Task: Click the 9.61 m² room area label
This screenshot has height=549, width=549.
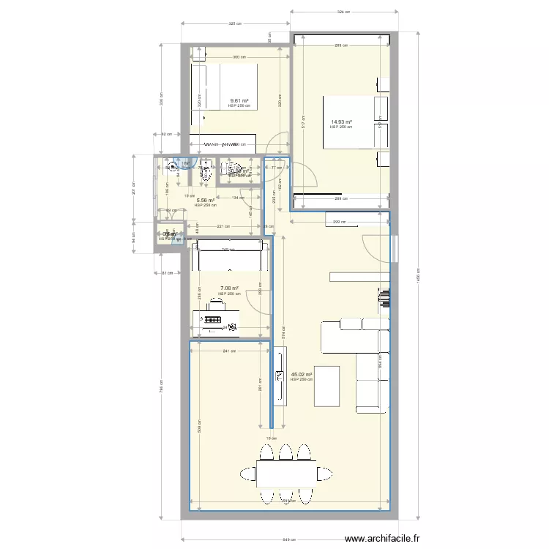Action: [x=239, y=101]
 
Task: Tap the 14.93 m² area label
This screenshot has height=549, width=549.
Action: [x=341, y=122]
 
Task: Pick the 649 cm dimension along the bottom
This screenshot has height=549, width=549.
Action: [x=291, y=540]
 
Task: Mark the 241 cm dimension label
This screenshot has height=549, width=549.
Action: [x=228, y=351]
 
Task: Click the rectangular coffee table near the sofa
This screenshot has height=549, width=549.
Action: [x=326, y=386]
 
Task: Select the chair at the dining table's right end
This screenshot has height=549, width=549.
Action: [x=321, y=475]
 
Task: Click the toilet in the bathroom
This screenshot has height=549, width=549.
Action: [x=205, y=173]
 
